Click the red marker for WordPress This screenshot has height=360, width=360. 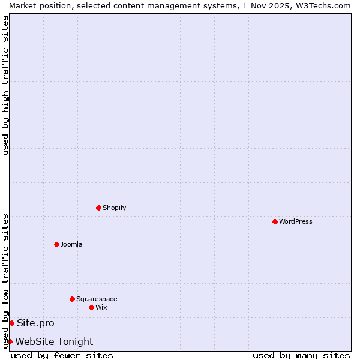pos(275,221)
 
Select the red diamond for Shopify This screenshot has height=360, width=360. pos(98,208)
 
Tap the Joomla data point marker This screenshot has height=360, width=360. pos(56,244)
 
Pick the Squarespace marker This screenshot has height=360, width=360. pos(72,299)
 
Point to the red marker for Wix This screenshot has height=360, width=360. pos(91,307)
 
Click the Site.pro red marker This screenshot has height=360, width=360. pos(11,323)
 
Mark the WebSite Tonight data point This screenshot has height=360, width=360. pos(10,341)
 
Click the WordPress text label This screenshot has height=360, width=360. pos(296,221)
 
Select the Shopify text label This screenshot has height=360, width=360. pos(114,208)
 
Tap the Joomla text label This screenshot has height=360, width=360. pos(71,244)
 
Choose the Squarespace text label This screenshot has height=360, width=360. pos(97,299)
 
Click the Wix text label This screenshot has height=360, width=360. pos(101,307)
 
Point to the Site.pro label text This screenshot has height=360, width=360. pos(35,323)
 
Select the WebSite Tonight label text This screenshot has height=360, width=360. pos(54,341)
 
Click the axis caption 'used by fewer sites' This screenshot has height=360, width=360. pos(62,355)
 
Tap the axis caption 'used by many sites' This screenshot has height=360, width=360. pos(301,355)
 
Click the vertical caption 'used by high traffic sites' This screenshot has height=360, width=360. pos(5,85)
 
